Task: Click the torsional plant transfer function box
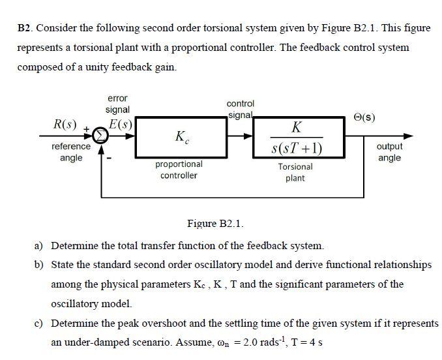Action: pos(297,137)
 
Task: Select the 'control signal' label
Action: pos(240,109)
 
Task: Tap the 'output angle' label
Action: pos(389,152)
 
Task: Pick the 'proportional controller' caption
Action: pos(179,170)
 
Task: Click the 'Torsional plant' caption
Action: pos(295,172)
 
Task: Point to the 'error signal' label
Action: pos(117,104)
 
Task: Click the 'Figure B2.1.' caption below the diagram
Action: pos(215,224)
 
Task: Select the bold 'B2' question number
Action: pos(25,27)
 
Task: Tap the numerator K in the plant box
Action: pos(297,125)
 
